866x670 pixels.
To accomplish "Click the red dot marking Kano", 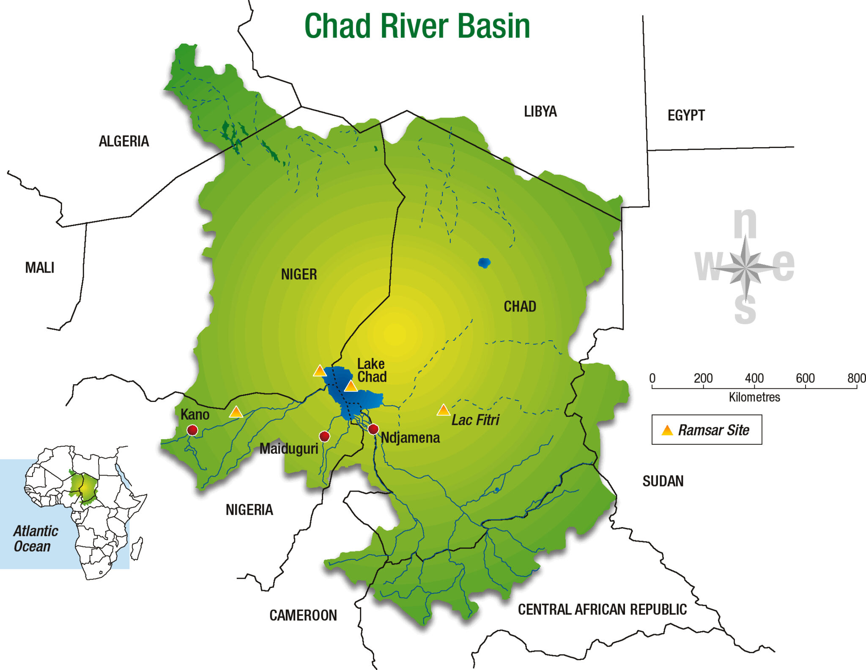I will click(x=192, y=430).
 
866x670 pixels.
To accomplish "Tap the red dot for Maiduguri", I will click(x=324, y=436).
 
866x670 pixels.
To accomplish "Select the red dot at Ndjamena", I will click(x=373, y=429).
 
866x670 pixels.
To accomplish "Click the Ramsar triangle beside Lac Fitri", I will click(x=443, y=410).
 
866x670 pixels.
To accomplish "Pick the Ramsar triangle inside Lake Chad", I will click(x=351, y=386).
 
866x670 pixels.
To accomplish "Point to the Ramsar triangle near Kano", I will click(x=236, y=412).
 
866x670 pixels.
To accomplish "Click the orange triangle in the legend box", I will click(x=667, y=430).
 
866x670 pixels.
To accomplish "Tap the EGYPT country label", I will click(x=686, y=115).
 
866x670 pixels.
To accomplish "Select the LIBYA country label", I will click(x=540, y=112).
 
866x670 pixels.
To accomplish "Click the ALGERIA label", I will click(x=124, y=141).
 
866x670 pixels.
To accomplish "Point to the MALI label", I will click(x=40, y=268).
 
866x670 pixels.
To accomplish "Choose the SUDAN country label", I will click(x=663, y=481).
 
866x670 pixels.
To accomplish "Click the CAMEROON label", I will click(x=303, y=615).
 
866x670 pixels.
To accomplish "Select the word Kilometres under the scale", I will click(x=754, y=397).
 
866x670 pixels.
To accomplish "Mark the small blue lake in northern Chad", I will click(x=484, y=263).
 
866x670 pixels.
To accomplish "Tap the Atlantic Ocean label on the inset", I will click(x=36, y=538).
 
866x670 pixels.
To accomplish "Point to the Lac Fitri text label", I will click(x=475, y=420).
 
